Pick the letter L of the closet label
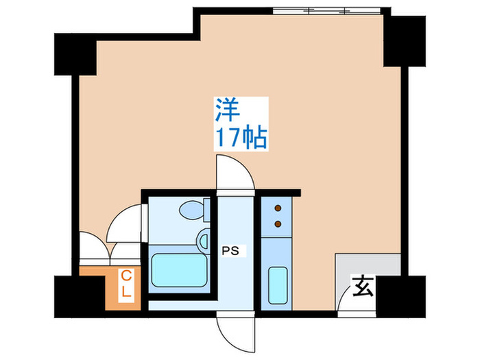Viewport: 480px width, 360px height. pyautogui.click(x=126, y=291)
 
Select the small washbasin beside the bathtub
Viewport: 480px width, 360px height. pyautogui.click(x=203, y=240)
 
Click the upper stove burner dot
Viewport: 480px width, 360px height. pyautogui.click(x=278, y=208)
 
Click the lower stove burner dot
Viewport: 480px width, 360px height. pyautogui.click(x=278, y=223)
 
